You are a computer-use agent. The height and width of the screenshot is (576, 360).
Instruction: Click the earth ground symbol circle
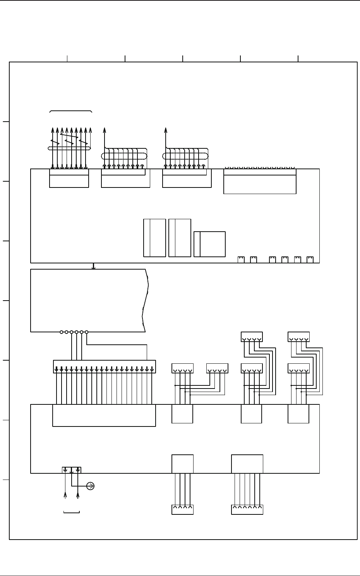91,486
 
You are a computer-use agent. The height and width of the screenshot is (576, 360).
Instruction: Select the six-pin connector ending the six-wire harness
247,510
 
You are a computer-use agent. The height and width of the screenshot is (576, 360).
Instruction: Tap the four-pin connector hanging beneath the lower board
182,510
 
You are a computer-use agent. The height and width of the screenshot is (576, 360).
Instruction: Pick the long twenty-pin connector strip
104,366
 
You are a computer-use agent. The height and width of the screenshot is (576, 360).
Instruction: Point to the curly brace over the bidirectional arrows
71,111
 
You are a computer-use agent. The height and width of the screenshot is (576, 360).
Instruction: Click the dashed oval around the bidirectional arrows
69,148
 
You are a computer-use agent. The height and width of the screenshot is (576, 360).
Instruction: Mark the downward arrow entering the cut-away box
93,266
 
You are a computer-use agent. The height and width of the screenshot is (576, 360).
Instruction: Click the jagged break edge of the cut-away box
146,300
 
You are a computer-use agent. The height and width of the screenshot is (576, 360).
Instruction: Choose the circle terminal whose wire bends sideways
86,332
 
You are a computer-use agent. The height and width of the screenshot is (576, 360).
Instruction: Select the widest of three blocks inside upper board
209,244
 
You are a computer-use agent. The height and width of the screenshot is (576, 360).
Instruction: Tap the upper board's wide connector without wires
260,181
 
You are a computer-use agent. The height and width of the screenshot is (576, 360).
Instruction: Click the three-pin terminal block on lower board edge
72,470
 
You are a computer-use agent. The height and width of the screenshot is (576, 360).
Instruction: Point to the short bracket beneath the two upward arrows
71,512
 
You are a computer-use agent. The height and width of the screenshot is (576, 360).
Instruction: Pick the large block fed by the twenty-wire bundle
104,415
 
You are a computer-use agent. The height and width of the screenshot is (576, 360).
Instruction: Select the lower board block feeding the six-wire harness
247,464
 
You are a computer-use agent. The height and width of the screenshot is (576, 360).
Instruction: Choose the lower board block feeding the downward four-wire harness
182,464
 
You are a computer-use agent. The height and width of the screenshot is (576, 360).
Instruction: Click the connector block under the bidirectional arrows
69,178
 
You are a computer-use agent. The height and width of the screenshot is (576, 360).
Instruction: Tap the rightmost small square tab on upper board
310,259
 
